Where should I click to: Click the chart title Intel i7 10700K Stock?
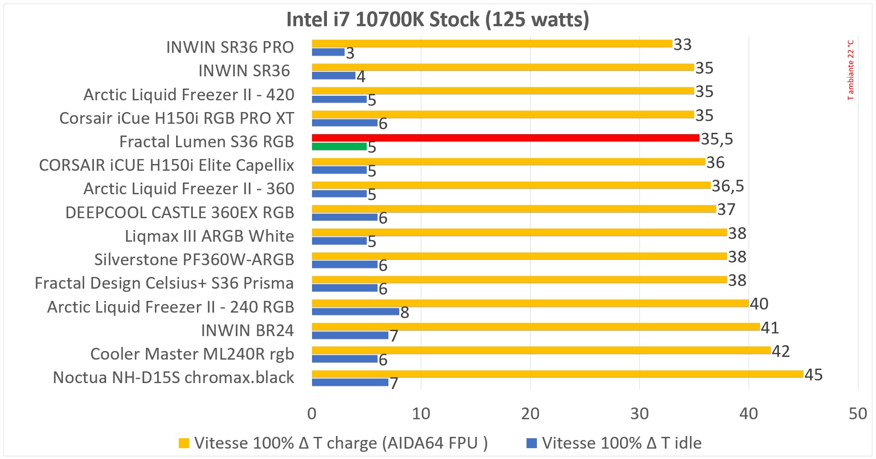(x=438, y=20)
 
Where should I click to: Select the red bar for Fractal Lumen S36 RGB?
(x=505, y=138)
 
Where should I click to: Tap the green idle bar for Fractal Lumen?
(x=339, y=146)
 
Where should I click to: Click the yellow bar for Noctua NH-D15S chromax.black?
(x=557, y=374)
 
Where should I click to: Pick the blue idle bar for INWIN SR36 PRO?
(x=328, y=52)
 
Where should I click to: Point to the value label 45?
(x=814, y=375)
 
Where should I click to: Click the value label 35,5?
(x=717, y=139)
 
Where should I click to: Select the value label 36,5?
(x=727, y=186)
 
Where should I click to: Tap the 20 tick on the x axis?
(x=530, y=414)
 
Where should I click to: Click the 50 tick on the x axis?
(x=857, y=414)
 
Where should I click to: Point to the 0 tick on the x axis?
(x=312, y=414)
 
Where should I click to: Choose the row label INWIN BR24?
(x=247, y=331)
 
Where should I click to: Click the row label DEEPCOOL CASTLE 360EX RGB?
(x=180, y=213)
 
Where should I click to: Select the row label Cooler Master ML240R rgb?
(x=192, y=354)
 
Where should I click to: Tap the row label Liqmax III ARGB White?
(x=210, y=236)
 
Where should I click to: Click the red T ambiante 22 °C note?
(x=851, y=70)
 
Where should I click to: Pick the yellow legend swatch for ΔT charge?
(x=184, y=443)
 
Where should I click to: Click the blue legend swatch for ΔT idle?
(x=531, y=443)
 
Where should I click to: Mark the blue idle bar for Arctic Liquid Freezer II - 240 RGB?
(x=355, y=311)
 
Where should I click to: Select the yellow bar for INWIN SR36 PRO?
(x=492, y=44)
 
